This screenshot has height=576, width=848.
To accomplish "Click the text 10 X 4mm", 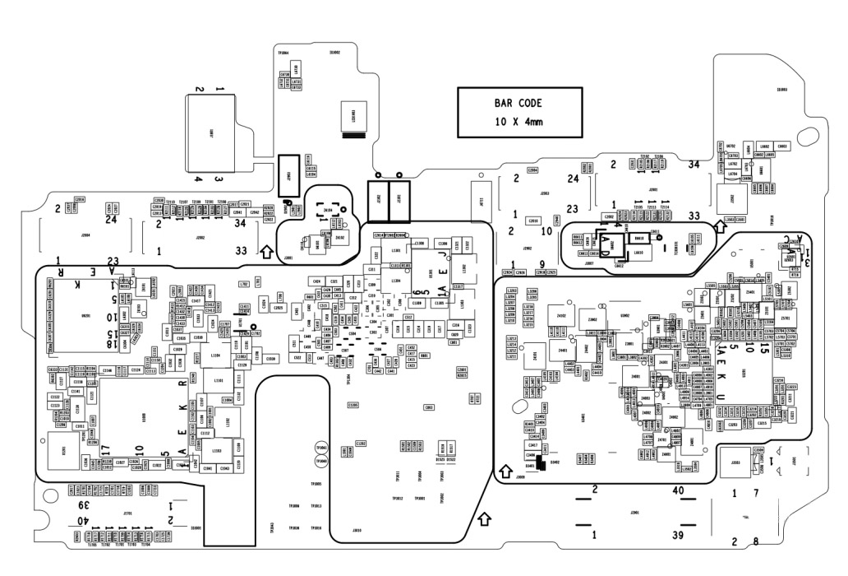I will [x=518, y=122].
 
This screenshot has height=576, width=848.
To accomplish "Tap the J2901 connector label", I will [x=653, y=189].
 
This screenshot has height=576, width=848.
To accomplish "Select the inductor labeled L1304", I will [x=395, y=281].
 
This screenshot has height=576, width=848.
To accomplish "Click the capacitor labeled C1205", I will [x=353, y=405].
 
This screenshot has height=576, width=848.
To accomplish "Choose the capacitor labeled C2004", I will [x=532, y=170].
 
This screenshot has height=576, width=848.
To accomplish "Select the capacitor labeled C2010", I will [x=532, y=221].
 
